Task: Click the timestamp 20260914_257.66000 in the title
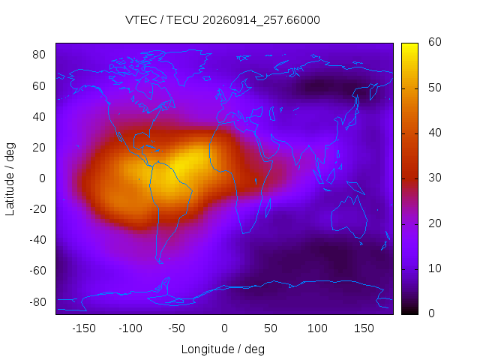pyautogui.click(x=261, y=20)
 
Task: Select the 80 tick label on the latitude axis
pyautogui.click(x=39, y=55)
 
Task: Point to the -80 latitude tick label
pyautogui.click(x=37, y=301)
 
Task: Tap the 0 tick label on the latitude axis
pyautogui.click(x=42, y=178)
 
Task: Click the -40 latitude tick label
pyautogui.click(x=37, y=240)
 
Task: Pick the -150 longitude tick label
pyautogui.click(x=84, y=328)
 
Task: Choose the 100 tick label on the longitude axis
pyautogui.click(x=317, y=328)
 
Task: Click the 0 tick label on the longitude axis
pyautogui.click(x=224, y=328)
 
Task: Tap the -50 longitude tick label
pyautogui.click(x=177, y=328)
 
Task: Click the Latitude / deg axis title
pyautogui.click(x=10, y=179)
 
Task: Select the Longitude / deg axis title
pyautogui.click(x=223, y=349)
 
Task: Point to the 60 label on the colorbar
pyautogui.click(x=435, y=42)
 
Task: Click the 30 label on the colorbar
pyautogui.click(x=435, y=178)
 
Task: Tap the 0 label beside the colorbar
pyautogui.click(x=431, y=313)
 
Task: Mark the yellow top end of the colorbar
pyautogui.click(x=409, y=45)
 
